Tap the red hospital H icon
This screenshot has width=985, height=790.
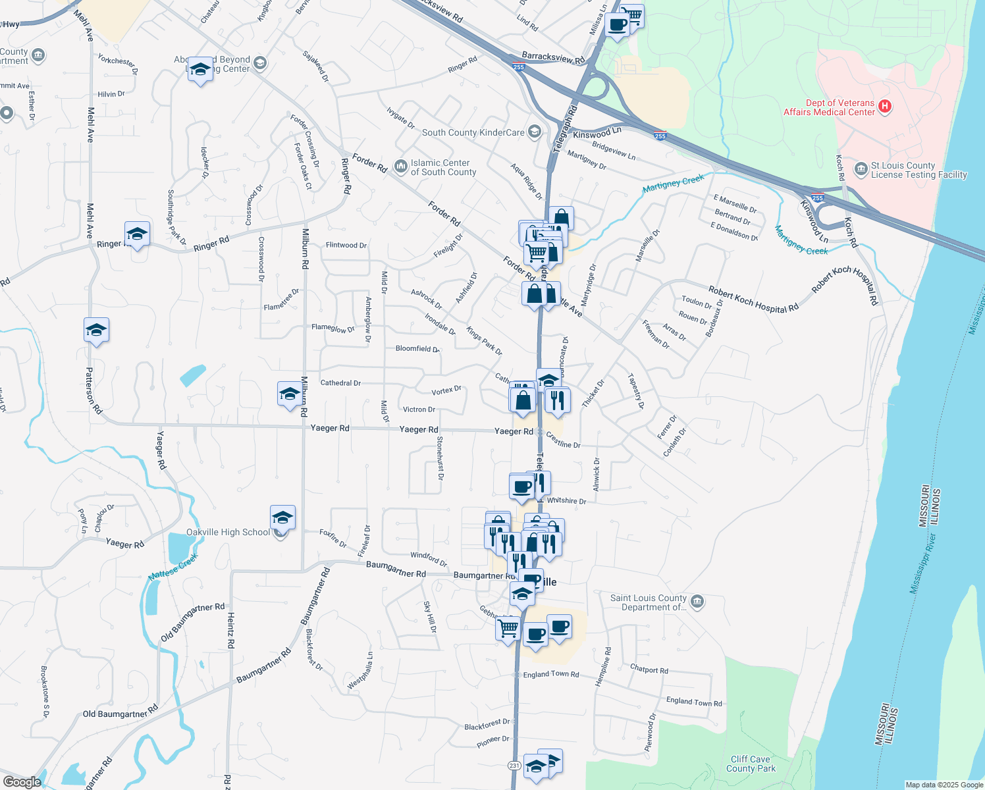click(885, 107)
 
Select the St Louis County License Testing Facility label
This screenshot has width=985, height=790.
click(918, 170)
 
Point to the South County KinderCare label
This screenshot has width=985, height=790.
click(473, 132)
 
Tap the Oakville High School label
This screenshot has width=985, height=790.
click(228, 532)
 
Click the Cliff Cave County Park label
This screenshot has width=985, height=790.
click(751, 764)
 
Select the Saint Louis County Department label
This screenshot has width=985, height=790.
click(649, 602)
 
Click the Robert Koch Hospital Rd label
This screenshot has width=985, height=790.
click(753, 300)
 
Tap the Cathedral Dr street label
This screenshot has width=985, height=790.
click(340, 382)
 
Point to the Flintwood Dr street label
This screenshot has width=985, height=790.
click(346, 245)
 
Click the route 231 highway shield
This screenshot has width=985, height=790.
click(514, 765)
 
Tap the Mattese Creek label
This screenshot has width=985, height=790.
click(173, 567)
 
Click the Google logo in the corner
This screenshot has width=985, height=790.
click(22, 781)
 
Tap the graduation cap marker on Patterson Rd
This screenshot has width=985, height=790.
click(96, 330)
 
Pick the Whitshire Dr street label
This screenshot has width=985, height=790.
click(566, 500)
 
